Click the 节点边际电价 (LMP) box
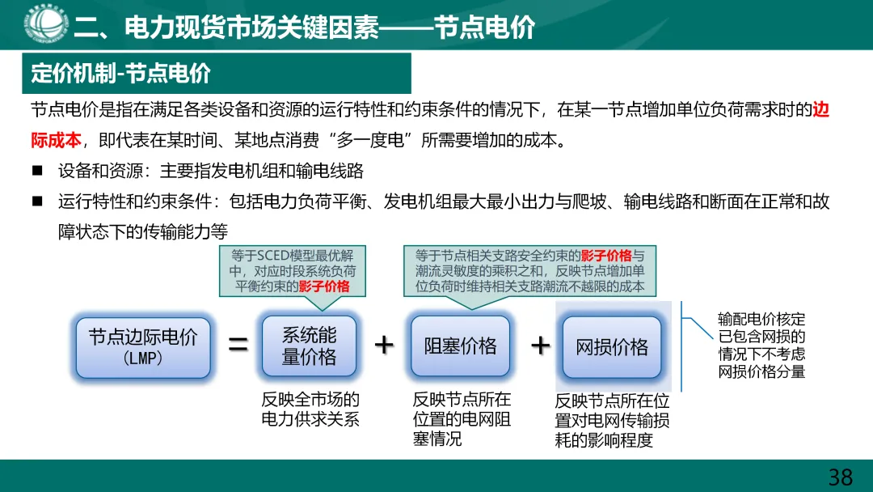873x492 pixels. click(x=143, y=346)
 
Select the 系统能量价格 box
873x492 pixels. click(x=309, y=346)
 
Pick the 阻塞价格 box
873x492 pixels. click(x=460, y=346)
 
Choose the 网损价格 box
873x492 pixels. click(x=612, y=347)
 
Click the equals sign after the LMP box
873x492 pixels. click(x=238, y=346)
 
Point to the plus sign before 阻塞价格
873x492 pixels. click(x=384, y=346)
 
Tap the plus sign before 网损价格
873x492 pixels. click(x=539, y=346)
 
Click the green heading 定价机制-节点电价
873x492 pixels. click(x=121, y=74)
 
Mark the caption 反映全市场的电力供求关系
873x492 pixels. click(x=310, y=409)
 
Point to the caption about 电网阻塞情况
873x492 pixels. click(x=462, y=419)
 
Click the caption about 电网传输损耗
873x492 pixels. click(x=612, y=421)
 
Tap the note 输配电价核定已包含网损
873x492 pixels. click(x=761, y=346)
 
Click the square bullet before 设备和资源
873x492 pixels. click(x=37, y=171)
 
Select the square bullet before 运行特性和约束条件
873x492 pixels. click(x=37, y=201)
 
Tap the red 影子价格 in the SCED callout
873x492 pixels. click(x=324, y=286)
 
